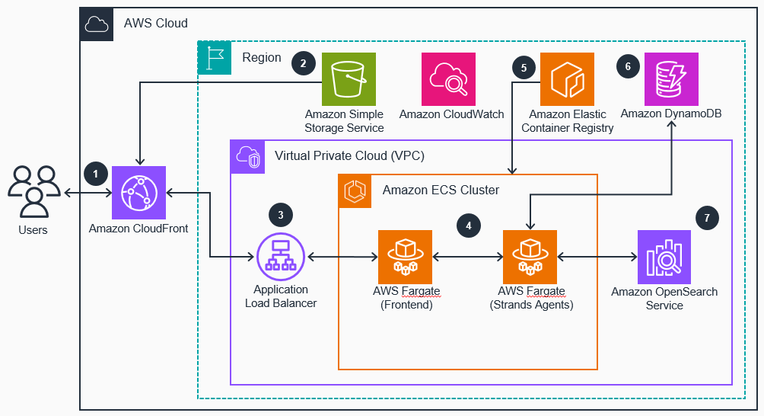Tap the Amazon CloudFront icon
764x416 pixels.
[139, 193]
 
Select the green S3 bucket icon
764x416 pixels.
[349, 79]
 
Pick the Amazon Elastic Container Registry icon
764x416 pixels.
[566, 79]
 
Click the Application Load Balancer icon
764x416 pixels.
[280, 257]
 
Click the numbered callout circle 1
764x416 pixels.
[95, 174]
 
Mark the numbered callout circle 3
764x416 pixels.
[281, 215]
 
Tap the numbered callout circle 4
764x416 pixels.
[469, 226]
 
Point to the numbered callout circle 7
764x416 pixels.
[707, 218]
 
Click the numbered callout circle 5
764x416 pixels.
[524, 67]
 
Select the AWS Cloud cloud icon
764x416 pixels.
[97, 24]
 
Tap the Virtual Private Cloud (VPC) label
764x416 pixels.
[338, 156]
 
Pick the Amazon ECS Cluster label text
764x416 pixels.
[441, 190]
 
